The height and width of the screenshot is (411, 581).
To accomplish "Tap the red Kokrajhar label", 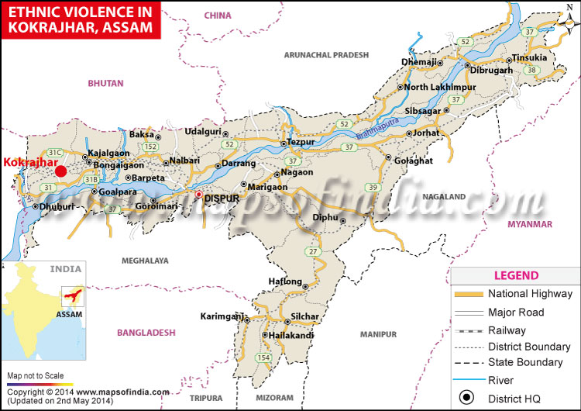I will (x=29, y=164).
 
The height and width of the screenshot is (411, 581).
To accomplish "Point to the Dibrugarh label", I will (x=491, y=71).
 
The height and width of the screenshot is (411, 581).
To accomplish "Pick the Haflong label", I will (x=284, y=281).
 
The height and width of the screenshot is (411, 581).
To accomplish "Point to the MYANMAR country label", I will (x=529, y=224).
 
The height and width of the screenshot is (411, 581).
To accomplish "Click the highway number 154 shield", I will (x=264, y=357).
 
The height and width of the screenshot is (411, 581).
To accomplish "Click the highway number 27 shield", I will (x=313, y=251).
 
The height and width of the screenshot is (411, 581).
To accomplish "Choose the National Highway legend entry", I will (x=530, y=294).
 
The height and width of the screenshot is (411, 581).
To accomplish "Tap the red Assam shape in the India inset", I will (x=71, y=297).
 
